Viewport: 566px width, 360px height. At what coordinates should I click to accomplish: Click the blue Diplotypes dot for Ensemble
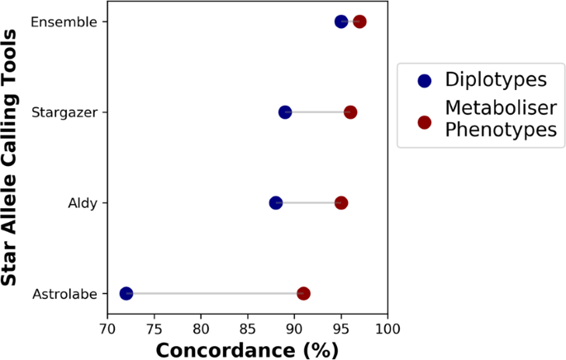coord(341,21)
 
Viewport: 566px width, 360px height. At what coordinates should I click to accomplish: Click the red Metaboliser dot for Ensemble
coord(359,21)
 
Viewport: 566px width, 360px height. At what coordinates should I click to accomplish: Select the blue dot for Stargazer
coord(285,111)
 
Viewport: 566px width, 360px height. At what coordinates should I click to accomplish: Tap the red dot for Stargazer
coord(350,111)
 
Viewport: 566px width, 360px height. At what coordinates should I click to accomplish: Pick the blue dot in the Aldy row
coord(276,202)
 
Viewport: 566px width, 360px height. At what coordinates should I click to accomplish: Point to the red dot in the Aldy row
coord(341,202)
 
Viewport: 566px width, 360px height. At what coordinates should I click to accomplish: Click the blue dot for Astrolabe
coord(126,293)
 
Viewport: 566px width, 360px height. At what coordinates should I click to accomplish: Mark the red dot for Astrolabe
coord(303,293)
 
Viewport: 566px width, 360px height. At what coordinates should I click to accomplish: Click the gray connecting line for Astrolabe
coord(215,293)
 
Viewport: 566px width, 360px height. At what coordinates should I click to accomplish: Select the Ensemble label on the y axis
coord(64,21)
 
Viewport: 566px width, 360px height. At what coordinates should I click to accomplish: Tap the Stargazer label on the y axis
coord(64,111)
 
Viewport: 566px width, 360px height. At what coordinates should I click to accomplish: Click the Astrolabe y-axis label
coord(64,294)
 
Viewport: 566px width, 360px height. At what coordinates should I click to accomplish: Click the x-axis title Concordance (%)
coord(247,349)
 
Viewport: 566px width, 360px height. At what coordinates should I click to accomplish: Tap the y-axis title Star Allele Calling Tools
coord(10,157)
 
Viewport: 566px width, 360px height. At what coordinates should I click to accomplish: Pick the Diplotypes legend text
coord(496,80)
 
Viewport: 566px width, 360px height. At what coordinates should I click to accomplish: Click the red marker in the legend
coord(425,121)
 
